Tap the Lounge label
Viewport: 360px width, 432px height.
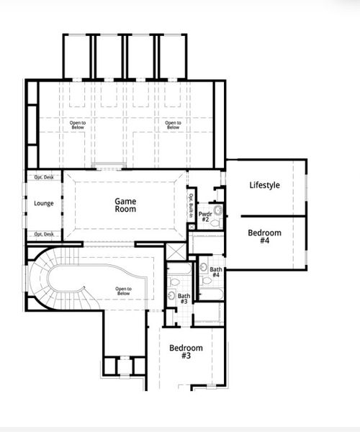click(x=44, y=204)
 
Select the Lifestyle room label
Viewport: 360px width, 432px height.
click(x=264, y=185)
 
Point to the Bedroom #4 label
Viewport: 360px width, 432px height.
click(x=264, y=237)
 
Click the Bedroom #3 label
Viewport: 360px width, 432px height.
click(x=186, y=351)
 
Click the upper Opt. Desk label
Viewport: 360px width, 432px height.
click(x=44, y=177)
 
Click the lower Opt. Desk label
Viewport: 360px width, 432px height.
click(x=44, y=234)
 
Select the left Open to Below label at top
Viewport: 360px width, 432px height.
click(x=78, y=125)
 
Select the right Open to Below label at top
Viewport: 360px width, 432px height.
click(x=173, y=125)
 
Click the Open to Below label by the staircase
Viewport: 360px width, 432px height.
click(x=123, y=292)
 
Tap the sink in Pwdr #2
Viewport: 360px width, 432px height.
click(x=217, y=210)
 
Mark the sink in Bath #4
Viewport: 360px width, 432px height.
click(x=204, y=269)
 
